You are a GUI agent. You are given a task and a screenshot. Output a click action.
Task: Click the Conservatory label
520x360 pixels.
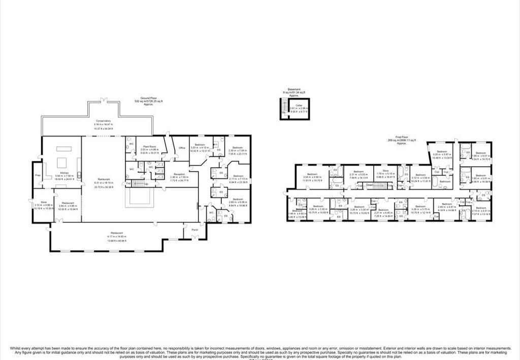(x=103, y=120)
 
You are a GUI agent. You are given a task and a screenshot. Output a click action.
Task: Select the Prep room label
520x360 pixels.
(x=38, y=176)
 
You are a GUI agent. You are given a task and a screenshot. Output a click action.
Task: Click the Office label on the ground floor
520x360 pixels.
(x=182, y=148)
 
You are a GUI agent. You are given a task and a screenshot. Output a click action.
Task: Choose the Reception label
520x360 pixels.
(x=179, y=174)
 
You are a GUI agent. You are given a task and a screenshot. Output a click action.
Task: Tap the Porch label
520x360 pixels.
(x=195, y=230)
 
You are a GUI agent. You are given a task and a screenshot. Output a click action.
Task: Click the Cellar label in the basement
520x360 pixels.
(x=300, y=105)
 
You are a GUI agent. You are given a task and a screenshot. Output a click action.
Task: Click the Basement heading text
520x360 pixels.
(x=295, y=89)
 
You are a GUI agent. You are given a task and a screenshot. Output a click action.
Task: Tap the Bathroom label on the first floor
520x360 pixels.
(x=445, y=181)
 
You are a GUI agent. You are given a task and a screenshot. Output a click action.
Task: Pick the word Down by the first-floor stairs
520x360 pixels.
(x=370, y=185)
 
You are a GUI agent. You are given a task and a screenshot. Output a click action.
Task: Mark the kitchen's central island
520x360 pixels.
(x=63, y=163)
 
